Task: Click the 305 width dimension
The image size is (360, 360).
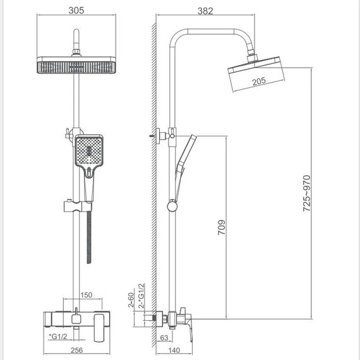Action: [x=76, y=10]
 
